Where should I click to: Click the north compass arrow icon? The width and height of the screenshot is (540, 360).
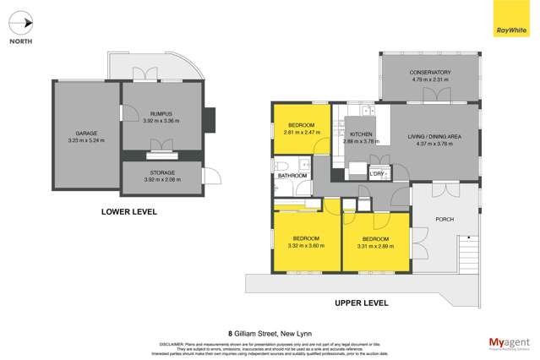(24, 23)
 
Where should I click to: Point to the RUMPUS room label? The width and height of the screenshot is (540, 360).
(161, 115)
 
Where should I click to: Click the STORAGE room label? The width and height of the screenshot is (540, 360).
(161, 172)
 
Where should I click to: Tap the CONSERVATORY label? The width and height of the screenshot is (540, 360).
(429, 73)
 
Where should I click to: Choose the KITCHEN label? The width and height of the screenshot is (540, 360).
(362, 135)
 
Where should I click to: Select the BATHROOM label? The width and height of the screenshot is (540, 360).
(292, 176)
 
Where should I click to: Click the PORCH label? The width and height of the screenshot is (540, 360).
(444, 219)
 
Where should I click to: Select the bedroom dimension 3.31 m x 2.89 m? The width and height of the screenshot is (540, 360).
(374, 247)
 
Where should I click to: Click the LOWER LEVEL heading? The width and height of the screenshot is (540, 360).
(128, 212)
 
